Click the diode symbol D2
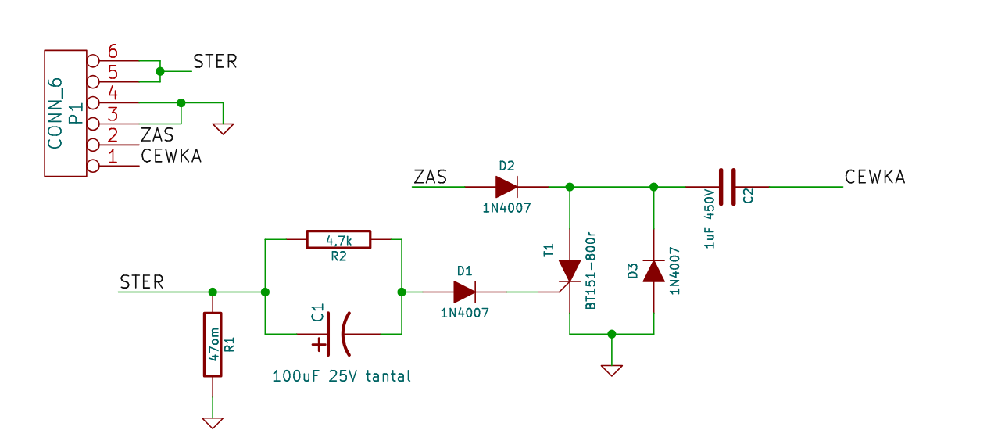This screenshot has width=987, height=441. (x=506, y=187)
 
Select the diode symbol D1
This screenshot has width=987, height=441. (x=464, y=292)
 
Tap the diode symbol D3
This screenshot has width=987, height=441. (x=654, y=271)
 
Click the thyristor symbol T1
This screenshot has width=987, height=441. (x=569, y=271)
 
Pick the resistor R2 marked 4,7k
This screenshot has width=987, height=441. (x=338, y=239)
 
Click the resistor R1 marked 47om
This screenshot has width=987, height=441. (x=213, y=344)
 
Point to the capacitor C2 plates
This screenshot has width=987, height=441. (x=727, y=187)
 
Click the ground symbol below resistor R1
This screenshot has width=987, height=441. (x=213, y=423)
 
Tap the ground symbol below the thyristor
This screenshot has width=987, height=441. (x=612, y=371)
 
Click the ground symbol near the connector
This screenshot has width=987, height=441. (x=223, y=129)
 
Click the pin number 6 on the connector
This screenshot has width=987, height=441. (x=113, y=51)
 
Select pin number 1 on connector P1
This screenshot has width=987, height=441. (x=113, y=156)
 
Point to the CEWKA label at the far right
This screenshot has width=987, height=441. (x=874, y=177)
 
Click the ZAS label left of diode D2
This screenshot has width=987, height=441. (x=430, y=177)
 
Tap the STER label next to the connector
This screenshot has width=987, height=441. (x=215, y=61)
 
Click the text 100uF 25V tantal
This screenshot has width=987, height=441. (x=342, y=376)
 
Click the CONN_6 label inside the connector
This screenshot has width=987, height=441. (x=55, y=113)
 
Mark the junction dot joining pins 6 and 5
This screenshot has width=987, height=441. (x=160, y=71)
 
